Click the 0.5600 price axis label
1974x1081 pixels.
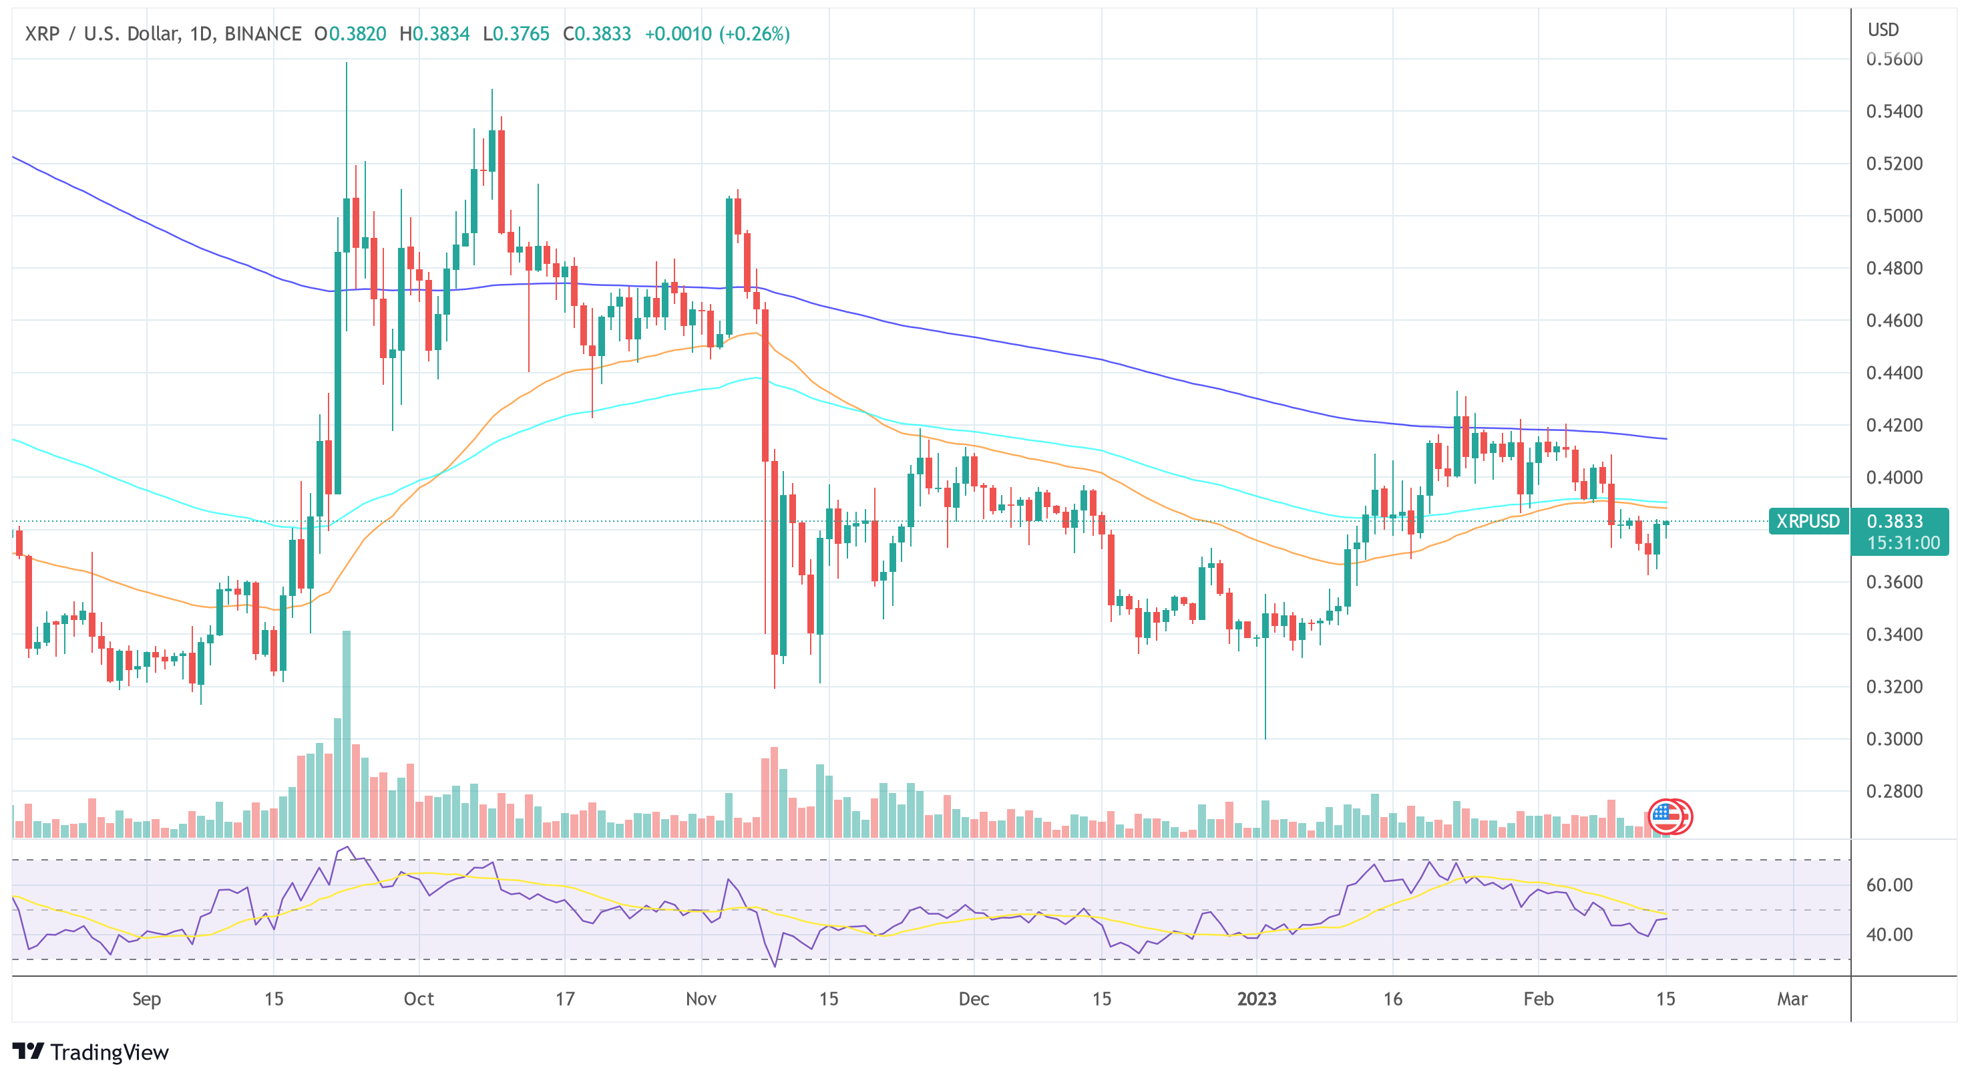[x=1894, y=59]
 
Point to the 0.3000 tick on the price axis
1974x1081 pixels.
[x=1894, y=739]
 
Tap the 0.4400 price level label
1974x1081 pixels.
[x=1894, y=373]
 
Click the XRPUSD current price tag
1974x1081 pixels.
[x=1808, y=521]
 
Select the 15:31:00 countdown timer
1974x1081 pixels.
[x=1903, y=543]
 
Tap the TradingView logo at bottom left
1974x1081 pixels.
[x=90, y=1052]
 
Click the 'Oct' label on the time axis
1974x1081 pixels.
[x=419, y=999]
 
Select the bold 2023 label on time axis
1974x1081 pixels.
[x=1257, y=999]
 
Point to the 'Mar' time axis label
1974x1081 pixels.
[x=1792, y=999]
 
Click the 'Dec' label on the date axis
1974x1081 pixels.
[x=973, y=999]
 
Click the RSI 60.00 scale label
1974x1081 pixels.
[x=1889, y=885]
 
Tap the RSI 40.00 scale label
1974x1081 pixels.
[x=1889, y=935]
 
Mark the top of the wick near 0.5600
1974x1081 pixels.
[x=347, y=63]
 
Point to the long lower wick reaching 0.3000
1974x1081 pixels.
[x=1265, y=721]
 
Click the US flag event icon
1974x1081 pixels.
[x=1669, y=816]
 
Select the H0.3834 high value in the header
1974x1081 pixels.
[x=435, y=33]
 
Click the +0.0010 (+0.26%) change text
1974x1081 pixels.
[x=717, y=33]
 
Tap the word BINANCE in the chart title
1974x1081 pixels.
[x=263, y=33]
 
